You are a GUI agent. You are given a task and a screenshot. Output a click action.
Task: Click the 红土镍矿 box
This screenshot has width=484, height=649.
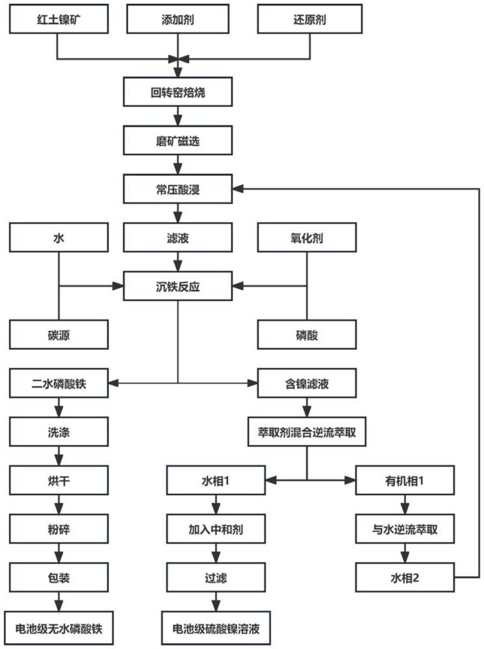(58, 19)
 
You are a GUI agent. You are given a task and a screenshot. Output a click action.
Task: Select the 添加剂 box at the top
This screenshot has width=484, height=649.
(177, 19)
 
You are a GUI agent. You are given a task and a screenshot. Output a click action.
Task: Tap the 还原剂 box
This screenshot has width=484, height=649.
(307, 19)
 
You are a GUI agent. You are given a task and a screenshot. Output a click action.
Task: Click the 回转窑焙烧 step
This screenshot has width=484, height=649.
(177, 93)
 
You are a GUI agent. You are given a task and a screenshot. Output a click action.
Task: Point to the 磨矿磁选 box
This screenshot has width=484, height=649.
(177, 140)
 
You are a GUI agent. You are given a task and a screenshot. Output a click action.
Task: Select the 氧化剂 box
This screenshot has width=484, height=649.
(307, 238)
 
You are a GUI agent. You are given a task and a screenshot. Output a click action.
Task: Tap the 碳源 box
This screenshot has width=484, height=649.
(58, 334)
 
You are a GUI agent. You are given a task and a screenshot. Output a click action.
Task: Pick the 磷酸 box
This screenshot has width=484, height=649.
(307, 334)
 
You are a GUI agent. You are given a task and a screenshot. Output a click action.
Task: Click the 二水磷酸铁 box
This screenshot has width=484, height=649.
(58, 383)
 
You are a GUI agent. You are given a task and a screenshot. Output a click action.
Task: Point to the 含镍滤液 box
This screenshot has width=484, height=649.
(307, 383)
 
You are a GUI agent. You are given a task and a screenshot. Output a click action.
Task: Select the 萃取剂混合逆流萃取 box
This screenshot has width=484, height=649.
(307, 432)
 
